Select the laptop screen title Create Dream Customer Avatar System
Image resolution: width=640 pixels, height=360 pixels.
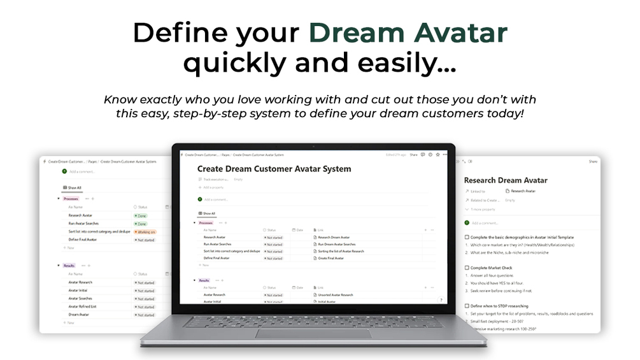pos(274,169)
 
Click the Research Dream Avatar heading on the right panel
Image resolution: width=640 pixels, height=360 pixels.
pos(506,180)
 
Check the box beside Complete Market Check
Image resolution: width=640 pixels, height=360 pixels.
pos(467,268)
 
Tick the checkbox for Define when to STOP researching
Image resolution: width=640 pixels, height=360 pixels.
pos(467,306)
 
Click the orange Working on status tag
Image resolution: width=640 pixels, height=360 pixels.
pos(145,232)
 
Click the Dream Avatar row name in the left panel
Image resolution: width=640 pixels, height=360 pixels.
pos(79,315)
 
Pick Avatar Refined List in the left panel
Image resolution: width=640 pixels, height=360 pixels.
pos(83,306)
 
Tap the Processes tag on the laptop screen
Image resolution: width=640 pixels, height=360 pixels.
pos(206,223)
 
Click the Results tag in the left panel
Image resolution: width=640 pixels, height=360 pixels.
pos(70,265)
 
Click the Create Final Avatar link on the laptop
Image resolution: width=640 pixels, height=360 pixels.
pos(331,258)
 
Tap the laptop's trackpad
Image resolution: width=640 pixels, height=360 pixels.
pos(313,333)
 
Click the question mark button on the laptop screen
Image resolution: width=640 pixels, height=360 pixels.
pos(441,300)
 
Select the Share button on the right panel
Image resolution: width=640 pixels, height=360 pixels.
pos(593,162)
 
